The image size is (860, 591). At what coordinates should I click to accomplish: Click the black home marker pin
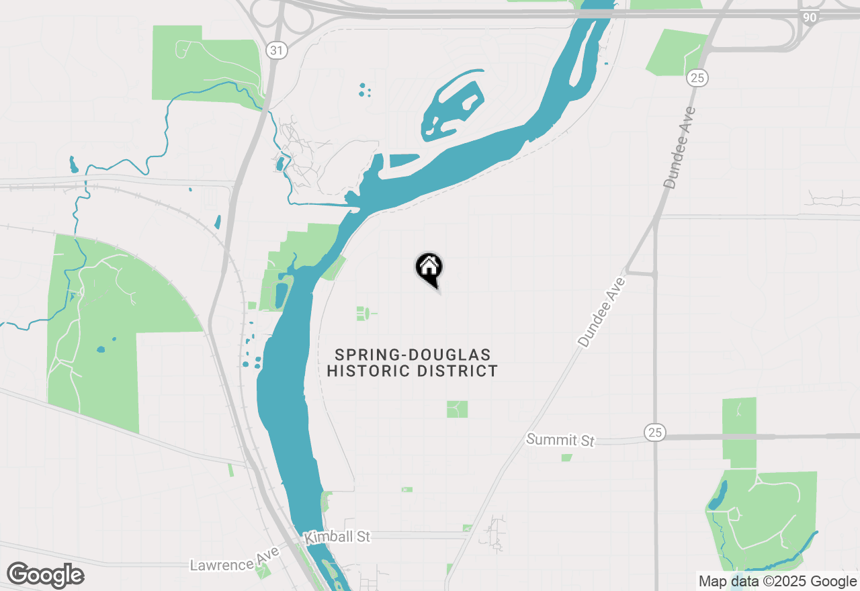coord(429,268)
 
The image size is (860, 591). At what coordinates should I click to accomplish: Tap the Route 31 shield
coord(274,50)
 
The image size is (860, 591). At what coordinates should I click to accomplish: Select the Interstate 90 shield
coord(810,17)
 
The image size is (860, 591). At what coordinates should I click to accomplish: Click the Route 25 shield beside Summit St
coord(654,433)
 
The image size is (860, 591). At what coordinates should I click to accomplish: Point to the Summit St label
coord(560,440)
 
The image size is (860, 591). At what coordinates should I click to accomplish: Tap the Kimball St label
coord(337,537)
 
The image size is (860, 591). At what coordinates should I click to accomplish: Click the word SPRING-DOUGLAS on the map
coord(413,355)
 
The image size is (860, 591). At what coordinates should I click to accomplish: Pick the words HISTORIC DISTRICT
coord(413,371)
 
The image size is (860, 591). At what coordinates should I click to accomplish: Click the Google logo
coord(45,575)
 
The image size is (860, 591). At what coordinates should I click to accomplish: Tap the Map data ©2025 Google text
coord(777,582)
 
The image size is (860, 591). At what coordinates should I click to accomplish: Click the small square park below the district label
coord(457,409)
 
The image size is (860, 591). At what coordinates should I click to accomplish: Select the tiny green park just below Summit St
coord(566,458)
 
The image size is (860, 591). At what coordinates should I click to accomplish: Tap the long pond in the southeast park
coord(718,495)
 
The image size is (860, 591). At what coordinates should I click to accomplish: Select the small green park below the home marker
coord(362,313)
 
